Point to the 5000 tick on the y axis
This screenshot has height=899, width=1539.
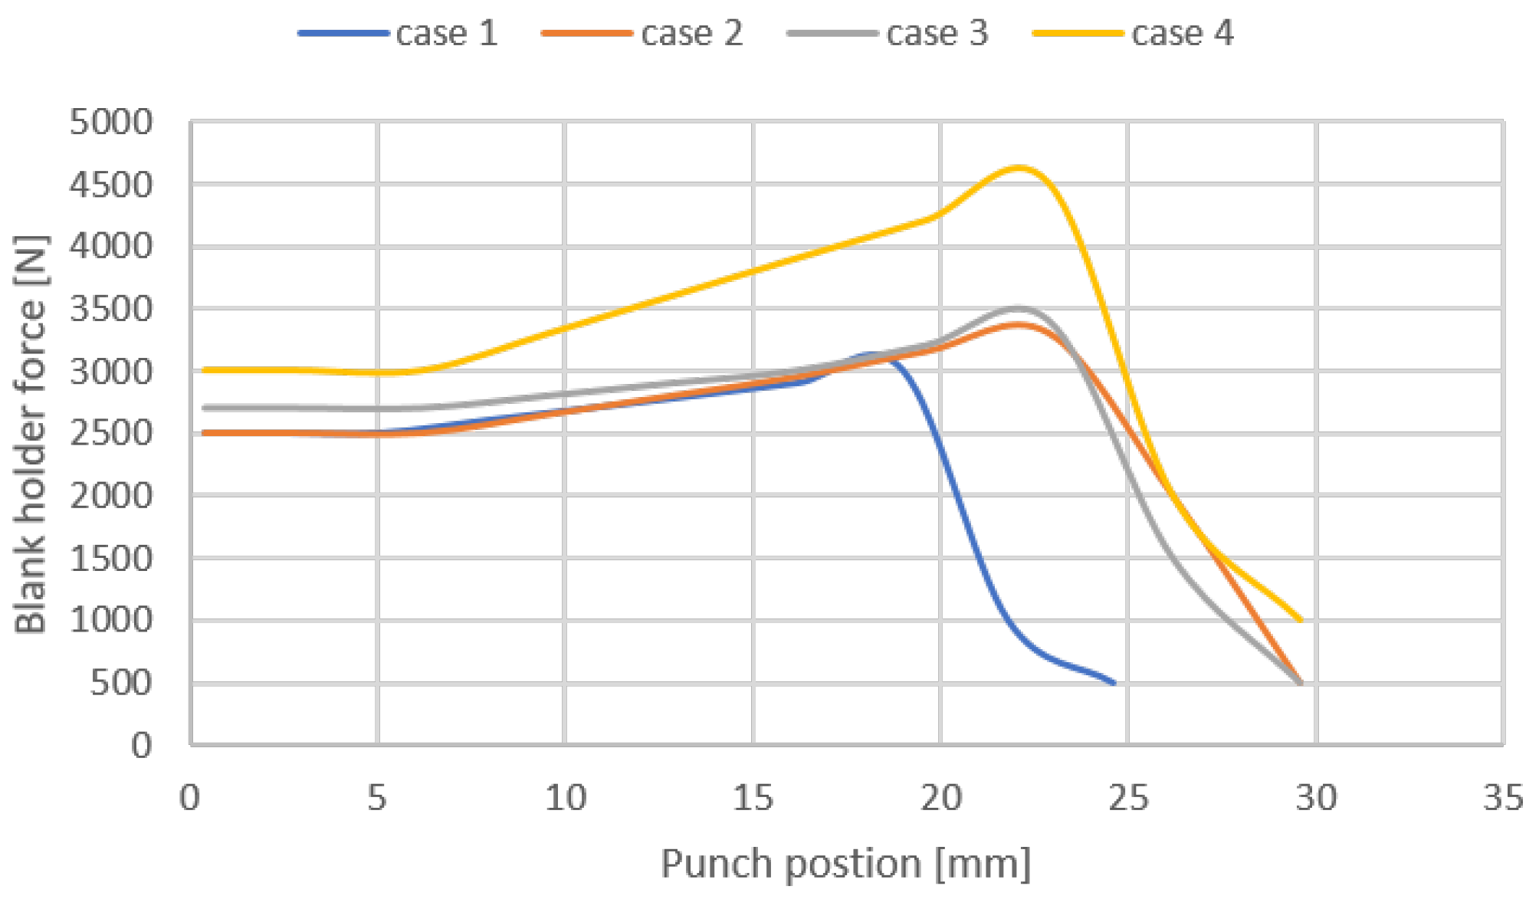(111, 122)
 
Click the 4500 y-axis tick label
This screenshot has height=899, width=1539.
(111, 185)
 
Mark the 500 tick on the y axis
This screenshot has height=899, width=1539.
(121, 683)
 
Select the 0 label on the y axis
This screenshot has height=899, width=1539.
(141, 745)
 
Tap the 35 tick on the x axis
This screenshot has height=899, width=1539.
(1503, 798)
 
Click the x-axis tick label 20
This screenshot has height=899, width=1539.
(940, 798)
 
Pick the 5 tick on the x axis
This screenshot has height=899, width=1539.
(376, 798)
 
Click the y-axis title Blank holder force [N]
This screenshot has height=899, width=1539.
(31, 434)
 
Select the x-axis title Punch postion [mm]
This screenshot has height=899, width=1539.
(846, 864)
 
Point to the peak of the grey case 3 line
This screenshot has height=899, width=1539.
(1017, 308)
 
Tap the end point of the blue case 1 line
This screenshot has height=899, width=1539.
(1114, 682)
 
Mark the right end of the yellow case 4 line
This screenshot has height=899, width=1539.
(1301, 620)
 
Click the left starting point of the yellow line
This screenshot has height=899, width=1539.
(204, 370)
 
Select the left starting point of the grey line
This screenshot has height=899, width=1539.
(204, 408)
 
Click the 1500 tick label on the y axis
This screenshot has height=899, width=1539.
(111, 559)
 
